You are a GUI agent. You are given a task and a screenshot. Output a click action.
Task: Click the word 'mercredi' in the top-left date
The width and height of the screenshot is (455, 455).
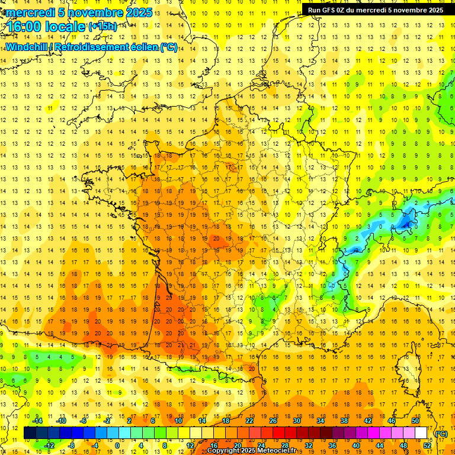pyautogui.click(x=30, y=12)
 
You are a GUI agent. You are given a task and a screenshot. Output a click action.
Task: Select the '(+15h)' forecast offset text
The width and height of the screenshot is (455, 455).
pyautogui.click(x=102, y=26)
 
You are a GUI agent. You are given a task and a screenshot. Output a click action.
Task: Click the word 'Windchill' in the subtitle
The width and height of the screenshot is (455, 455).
pyautogui.click(x=26, y=47)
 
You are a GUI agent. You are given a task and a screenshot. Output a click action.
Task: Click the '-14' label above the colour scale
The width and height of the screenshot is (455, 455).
pyautogui.click(x=37, y=421)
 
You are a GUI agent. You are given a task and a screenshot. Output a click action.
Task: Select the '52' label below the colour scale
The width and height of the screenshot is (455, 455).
pyautogui.click(x=427, y=445)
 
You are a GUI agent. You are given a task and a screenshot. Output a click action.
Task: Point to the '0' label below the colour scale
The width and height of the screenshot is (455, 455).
pyautogui.click(x=117, y=445)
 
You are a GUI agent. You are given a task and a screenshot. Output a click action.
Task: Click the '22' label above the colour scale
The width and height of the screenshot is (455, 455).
pyautogui.click(x=249, y=421)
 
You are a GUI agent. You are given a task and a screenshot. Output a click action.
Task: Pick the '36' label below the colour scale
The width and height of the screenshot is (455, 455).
pyautogui.click(x=332, y=445)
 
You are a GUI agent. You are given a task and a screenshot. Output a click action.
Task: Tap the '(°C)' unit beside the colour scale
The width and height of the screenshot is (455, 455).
pyautogui.click(x=442, y=434)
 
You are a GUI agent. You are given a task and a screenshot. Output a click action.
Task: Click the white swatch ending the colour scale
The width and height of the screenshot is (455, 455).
pyautogui.click(x=421, y=433)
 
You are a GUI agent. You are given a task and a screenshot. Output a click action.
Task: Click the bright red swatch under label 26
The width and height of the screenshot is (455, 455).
pyautogui.click(x=278, y=433)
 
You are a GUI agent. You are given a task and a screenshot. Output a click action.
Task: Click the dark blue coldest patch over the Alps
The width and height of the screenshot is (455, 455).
pyautogui.click(x=406, y=224)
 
